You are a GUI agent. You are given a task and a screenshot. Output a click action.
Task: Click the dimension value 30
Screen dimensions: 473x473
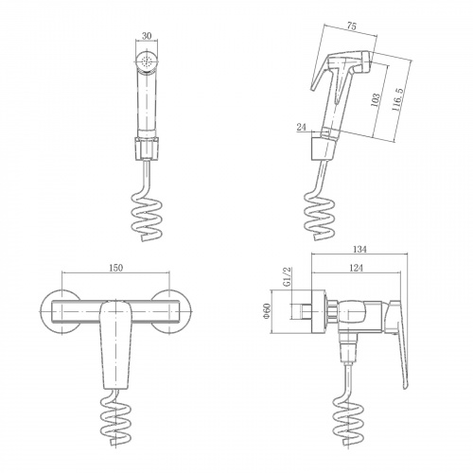click(147, 36)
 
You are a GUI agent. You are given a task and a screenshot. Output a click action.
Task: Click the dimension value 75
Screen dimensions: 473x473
click(351, 26)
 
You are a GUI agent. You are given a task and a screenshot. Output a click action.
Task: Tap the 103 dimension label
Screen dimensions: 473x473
click(376, 100)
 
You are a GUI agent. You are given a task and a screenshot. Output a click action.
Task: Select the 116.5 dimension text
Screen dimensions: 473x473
click(397, 99)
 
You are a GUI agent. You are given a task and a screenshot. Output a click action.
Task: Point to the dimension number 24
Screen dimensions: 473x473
click(302, 127)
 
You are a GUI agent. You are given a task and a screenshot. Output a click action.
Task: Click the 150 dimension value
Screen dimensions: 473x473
click(115, 268)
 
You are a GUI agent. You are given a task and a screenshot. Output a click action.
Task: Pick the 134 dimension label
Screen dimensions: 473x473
click(359, 249)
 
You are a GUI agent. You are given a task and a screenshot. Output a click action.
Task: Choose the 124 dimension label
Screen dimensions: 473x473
click(357, 268)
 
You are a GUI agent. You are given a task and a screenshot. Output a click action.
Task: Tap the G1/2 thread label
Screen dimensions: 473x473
click(288, 276)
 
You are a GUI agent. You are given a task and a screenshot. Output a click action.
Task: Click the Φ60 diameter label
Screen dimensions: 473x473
click(267, 310)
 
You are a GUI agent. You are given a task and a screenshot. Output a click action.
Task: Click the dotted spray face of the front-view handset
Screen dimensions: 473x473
click(147, 61)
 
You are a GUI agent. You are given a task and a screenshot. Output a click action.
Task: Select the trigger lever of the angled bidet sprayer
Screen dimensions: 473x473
click(320, 73)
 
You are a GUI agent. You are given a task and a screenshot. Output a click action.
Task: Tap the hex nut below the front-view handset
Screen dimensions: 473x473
click(147, 149)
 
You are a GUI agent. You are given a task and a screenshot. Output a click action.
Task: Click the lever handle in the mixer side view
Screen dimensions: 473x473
click(399, 343)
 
